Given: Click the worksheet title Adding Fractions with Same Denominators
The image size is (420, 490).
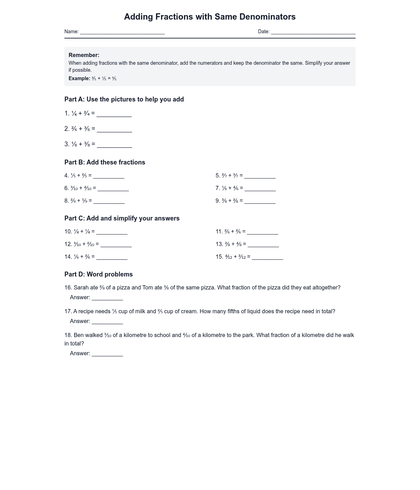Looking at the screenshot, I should pos(210,17).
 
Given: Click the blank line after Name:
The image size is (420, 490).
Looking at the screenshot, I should pos(122,32).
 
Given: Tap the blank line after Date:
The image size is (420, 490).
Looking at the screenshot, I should pos(313,32).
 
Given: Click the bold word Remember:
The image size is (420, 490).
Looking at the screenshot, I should pos(84,55).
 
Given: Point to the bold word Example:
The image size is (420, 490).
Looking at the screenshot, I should pos(79,78).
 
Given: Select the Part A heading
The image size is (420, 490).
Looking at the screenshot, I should pos(124,99).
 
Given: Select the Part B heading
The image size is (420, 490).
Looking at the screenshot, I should pos(105,162).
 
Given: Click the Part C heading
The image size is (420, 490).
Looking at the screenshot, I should pos(122,218).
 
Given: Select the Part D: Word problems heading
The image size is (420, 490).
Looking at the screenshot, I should pos(98,274).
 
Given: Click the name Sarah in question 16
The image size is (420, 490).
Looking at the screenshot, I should pos(82,288).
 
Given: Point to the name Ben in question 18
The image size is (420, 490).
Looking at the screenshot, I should pos(79,335).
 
